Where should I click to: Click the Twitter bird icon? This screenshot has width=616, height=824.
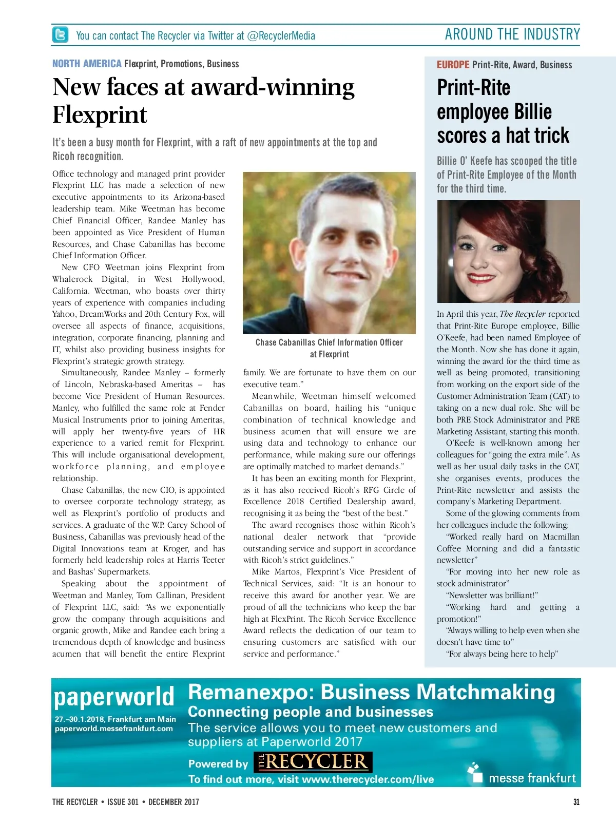tap(60, 35)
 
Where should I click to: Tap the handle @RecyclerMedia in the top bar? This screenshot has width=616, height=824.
tap(281, 35)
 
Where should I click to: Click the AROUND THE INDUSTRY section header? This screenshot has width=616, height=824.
tap(512, 34)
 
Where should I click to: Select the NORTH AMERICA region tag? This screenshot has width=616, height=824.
tap(87, 64)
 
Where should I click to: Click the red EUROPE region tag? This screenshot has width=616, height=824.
tap(453, 65)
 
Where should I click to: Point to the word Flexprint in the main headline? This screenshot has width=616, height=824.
tap(100, 114)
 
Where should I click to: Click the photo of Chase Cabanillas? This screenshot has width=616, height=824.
tap(329, 253)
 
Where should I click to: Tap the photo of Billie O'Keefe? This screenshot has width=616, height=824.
tap(508, 251)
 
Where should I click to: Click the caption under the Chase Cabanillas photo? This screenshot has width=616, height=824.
tap(329, 348)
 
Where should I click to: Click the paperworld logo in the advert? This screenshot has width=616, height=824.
tap(114, 697)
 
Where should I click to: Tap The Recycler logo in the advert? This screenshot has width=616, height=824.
tap(313, 762)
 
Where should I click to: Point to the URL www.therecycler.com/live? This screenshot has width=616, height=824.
tap(368, 779)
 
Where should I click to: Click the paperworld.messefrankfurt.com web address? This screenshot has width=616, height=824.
tap(114, 729)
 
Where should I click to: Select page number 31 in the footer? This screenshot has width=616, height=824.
tap(576, 802)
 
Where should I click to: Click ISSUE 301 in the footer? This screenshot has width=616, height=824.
tap(123, 802)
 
